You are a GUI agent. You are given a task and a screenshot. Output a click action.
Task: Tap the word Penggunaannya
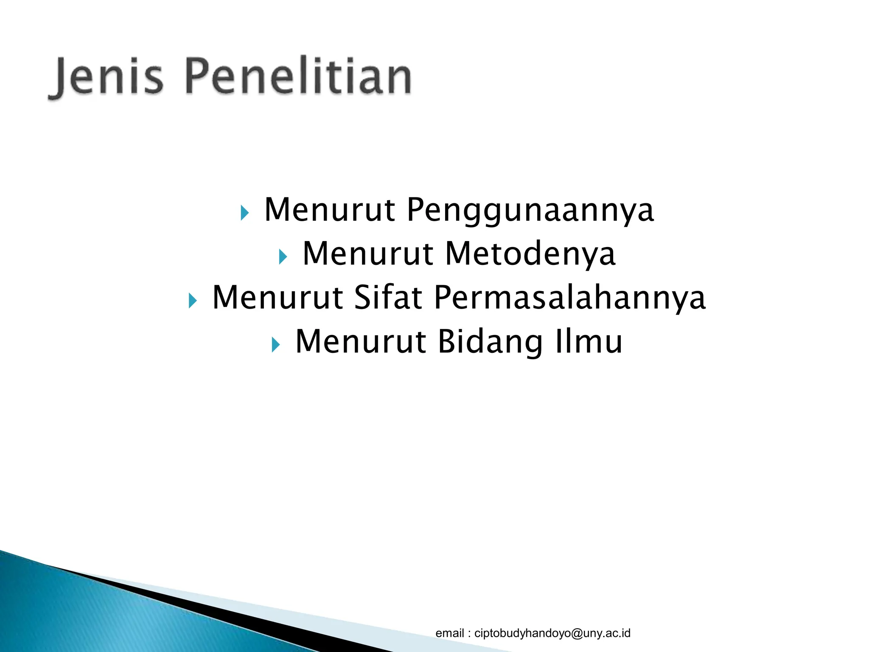[530, 210]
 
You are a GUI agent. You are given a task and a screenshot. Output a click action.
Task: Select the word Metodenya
[530, 254]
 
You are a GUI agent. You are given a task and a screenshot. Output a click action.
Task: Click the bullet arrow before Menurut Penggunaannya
[244, 213]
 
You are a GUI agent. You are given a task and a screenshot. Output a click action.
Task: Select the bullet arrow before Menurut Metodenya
[283, 256]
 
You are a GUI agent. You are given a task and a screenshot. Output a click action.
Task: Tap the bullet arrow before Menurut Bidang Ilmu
[275, 344]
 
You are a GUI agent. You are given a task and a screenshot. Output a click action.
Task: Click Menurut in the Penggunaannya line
[330, 210]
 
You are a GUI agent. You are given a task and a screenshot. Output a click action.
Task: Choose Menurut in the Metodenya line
[368, 254]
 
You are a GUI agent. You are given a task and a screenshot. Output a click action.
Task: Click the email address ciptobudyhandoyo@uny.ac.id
[552, 633]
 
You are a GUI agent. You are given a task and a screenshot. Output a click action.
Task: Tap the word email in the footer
[450, 633]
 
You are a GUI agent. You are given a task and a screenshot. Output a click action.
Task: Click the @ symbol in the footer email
[576, 633]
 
